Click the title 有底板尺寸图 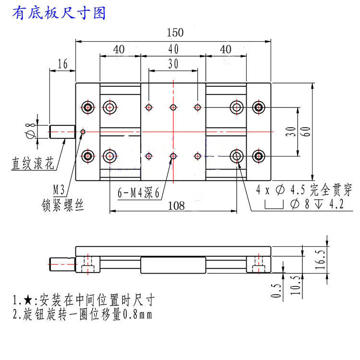tap(59, 13)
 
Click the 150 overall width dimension tap(175, 33)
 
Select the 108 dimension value tap(177, 205)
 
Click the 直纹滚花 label tap(33, 164)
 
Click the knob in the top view tap(62, 131)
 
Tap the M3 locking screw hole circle tap(83, 131)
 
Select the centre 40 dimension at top tap(173, 49)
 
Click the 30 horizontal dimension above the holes tap(173, 63)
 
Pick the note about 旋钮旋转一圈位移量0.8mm tap(82, 315)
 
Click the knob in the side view tap(62, 264)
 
